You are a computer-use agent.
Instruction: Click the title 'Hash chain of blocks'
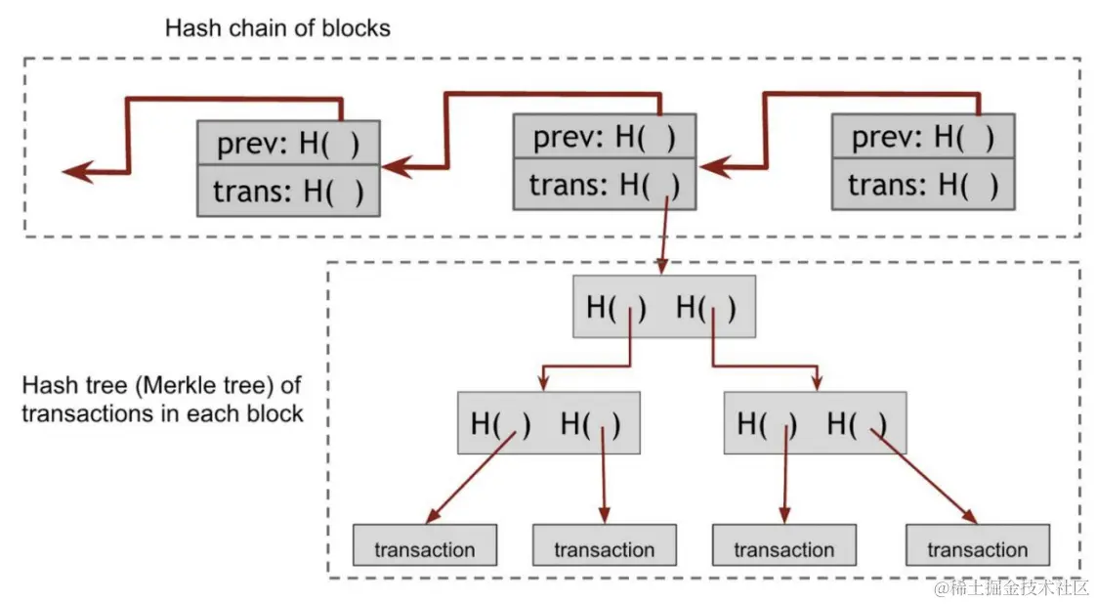277,27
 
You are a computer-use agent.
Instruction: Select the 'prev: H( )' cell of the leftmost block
287,144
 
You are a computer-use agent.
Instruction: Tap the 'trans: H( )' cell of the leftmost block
287,192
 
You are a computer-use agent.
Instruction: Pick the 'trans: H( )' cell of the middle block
604,184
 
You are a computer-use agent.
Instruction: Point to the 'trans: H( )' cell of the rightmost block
922,185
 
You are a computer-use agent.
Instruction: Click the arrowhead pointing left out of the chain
76,173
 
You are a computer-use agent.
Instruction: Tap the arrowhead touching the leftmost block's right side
395,168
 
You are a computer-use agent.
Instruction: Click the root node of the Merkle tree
663,307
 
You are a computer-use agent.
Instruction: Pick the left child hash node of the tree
547,423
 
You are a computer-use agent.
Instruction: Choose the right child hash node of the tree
814,423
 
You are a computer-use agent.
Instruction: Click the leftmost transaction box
425,546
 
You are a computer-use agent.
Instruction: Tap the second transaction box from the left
604,546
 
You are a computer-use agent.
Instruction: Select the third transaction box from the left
783,546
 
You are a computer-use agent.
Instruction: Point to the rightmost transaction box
977,546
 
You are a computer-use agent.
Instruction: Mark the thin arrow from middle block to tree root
664,235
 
